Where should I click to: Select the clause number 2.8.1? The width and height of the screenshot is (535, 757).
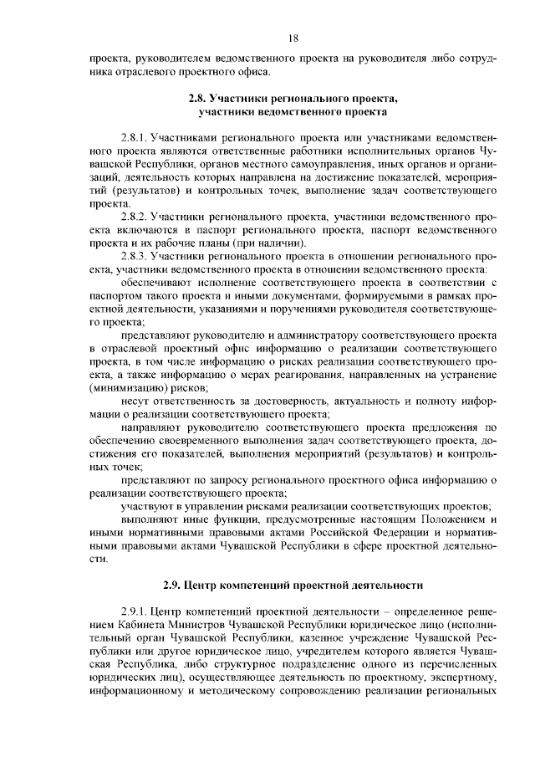[135, 136]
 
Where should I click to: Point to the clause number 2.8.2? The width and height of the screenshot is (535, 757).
[135, 216]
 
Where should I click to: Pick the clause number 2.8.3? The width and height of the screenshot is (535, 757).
[135, 256]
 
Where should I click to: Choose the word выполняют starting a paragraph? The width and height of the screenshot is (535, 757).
[150, 520]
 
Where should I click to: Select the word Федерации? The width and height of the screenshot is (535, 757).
[358, 534]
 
